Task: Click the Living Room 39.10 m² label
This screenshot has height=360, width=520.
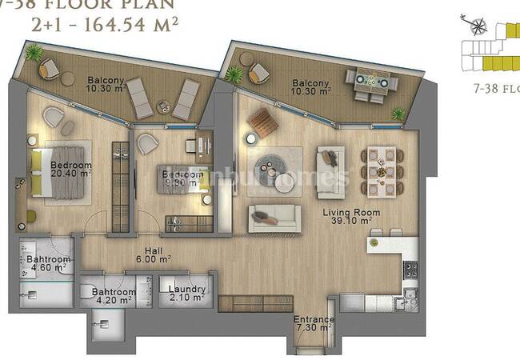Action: pyautogui.click(x=346, y=216)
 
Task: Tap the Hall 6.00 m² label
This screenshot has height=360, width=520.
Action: pyautogui.click(x=153, y=255)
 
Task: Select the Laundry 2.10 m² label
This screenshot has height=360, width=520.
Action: pyautogui.click(x=187, y=294)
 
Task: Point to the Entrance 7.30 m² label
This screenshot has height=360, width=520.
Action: pyautogui.click(x=314, y=323)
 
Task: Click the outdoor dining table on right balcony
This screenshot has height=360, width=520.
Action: pyautogui.click(x=370, y=81)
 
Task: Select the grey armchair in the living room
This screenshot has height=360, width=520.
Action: pyautogui.click(x=329, y=169)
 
